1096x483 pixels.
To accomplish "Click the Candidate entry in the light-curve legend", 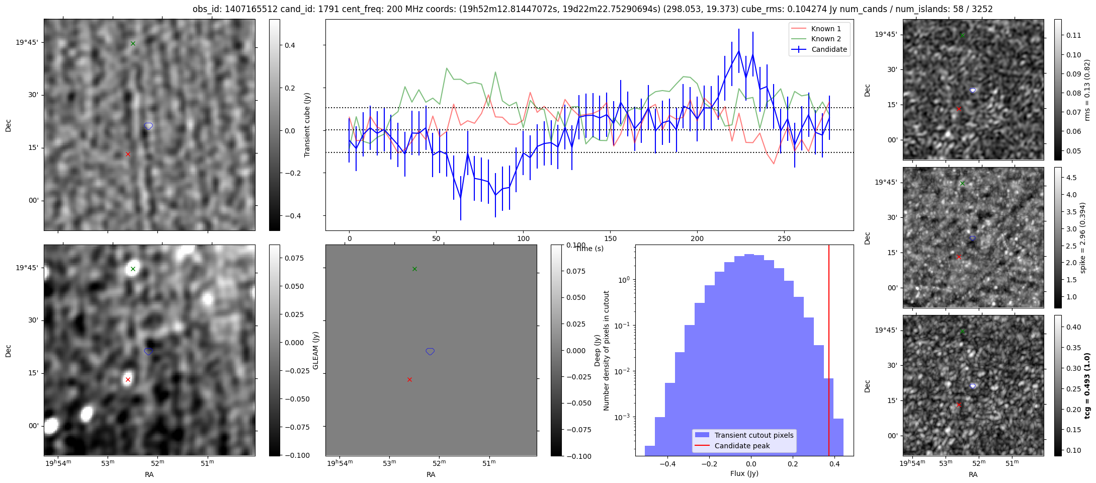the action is coord(819,49).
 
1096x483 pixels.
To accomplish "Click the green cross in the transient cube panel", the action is coord(133,43).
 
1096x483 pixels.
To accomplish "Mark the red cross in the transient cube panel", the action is coord(128,154).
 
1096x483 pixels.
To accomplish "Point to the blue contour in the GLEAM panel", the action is coord(430,351).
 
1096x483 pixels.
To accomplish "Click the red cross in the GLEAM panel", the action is coord(409,379).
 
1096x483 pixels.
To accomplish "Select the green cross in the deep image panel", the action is coord(133,269).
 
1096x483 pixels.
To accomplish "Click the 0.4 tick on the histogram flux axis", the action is coord(834,464).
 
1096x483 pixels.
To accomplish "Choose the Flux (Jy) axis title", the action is coord(744,473).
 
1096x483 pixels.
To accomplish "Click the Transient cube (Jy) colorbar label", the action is coord(307,125).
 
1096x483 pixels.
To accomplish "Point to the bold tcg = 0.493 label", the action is coord(1087,386).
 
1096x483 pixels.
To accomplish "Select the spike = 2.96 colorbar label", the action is coord(1083,237).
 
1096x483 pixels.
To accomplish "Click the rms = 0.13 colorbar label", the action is coord(1087,90).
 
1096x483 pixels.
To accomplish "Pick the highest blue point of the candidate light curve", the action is coord(739,50).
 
